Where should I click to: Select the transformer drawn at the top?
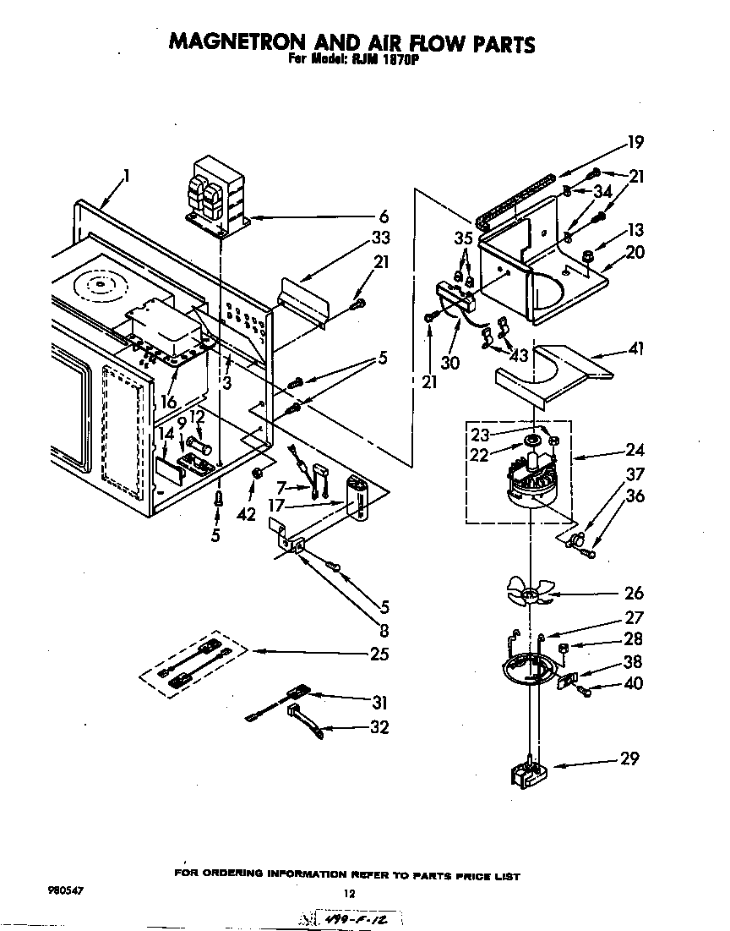pyautogui.click(x=215, y=194)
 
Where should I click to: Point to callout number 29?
pyautogui.click(x=629, y=758)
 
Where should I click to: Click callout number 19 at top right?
pyautogui.click(x=635, y=141)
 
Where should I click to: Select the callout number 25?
pyautogui.click(x=379, y=654)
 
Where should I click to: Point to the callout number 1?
pyautogui.click(x=126, y=176)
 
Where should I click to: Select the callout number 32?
pyautogui.click(x=379, y=726)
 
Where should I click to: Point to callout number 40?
pyautogui.click(x=632, y=683)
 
